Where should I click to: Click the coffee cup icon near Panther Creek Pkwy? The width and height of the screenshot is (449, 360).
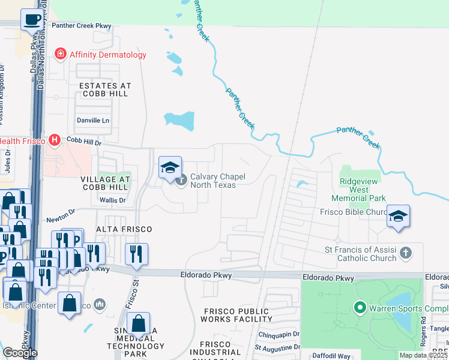(x=31, y=19)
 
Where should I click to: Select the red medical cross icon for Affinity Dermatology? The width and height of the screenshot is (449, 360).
(x=60, y=55)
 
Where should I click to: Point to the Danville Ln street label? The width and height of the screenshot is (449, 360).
(x=93, y=121)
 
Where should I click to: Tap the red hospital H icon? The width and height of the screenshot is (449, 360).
(x=54, y=140)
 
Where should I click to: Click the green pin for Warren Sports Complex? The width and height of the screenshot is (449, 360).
(x=360, y=308)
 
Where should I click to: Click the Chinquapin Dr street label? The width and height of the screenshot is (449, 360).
(x=279, y=335)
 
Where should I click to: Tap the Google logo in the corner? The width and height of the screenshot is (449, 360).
(x=20, y=353)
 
